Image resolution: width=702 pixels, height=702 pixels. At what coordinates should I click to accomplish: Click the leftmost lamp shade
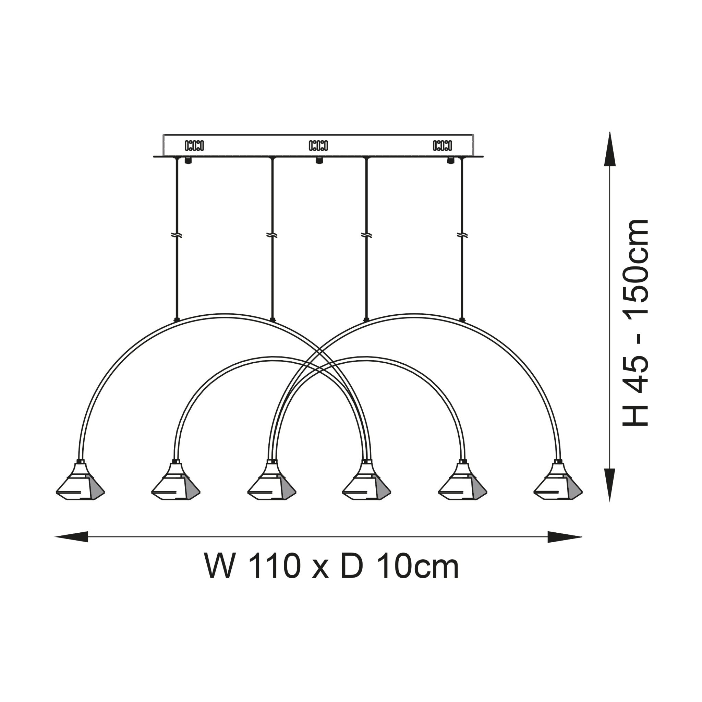[x=80, y=485]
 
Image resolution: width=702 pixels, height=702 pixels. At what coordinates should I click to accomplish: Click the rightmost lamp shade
[x=558, y=485]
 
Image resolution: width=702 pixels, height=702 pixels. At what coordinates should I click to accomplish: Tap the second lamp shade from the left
[x=176, y=485]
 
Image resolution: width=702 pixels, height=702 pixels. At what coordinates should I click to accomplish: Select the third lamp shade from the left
[x=271, y=485]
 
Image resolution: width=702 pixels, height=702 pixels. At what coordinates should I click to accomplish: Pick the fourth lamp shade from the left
[x=367, y=485]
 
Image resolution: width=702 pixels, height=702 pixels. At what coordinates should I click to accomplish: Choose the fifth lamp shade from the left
[x=462, y=485]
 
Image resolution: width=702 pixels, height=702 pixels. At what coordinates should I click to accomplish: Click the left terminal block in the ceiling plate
[x=194, y=146]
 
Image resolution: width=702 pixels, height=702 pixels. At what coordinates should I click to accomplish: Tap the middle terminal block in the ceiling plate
[x=318, y=146]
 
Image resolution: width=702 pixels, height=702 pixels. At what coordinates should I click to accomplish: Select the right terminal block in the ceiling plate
[x=442, y=146]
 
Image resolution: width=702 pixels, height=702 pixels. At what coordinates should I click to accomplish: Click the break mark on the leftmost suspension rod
[x=177, y=235]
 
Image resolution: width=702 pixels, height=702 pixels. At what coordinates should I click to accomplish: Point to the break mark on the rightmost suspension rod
[x=462, y=235]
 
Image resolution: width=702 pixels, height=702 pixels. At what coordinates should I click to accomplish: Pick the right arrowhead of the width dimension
[x=564, y=536]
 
